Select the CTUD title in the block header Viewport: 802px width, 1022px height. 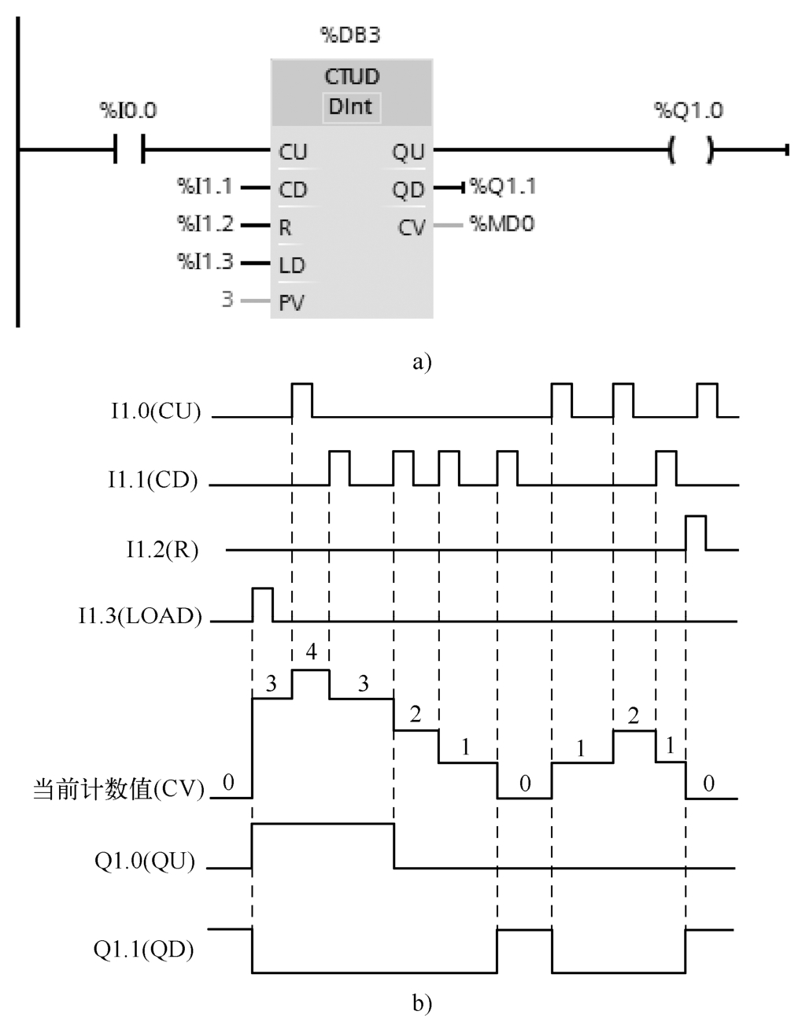pyautogui.click(x=351, y=77)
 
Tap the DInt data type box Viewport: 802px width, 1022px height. pyautogui.click(x=351, y=107)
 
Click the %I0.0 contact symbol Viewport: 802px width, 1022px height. pyautogui.click(x=130, y=149)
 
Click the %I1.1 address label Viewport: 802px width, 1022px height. pyautogui.click(x=205, y=186)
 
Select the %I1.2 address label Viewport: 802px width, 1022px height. pyautogui.click(x=205, y=224)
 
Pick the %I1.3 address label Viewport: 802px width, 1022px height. pyautogui.click(x=205, y=261)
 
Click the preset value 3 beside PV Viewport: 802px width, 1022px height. pyautogui.click(x=227, y=300)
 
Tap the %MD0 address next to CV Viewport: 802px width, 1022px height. pyautogui.click(x=502, y=224)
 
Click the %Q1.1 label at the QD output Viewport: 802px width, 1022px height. pyautogui.click(x=504, y=186)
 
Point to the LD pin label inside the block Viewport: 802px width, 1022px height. pyautogui.click(x=292, y=265)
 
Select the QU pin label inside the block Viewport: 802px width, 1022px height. pyautogui.click(x=408, y=152)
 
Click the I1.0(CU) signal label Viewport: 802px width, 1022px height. pyautogui.click(x=156, y=411)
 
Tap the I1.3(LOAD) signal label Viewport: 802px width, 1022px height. pyautogui.click(x=140, y=615)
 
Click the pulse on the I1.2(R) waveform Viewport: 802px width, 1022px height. pyautogui.click(x=695, y=533)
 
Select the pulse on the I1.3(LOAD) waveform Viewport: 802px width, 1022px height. pyautogui.click(x=262, y=603)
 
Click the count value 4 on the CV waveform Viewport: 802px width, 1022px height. pyautogui.click(x=311, y=652)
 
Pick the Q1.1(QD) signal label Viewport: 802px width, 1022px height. pyautogui.click(x=144, y=950)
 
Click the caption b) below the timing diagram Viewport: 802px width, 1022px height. pyautogui.click(x=422, y=1002)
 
